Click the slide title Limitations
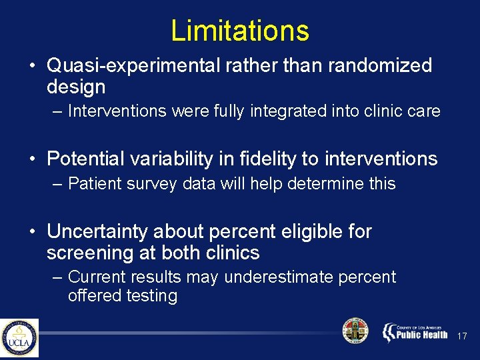click(239, 31)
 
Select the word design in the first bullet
click(76, 87)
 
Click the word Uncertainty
click(98, 231)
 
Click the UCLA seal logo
click(19, 337)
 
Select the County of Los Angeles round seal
click(355, 331)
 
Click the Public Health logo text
click(415, 332)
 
